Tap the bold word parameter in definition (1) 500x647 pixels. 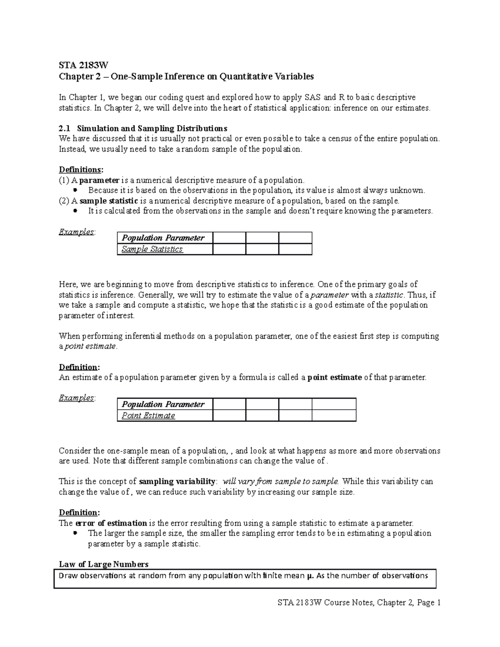pos(99,180)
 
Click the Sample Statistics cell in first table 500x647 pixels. pos(152,249)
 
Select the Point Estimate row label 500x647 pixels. pos(148,415)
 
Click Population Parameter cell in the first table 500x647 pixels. pos(163,238)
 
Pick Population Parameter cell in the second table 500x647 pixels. pos(163,404)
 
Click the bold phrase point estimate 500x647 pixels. pos(335,377)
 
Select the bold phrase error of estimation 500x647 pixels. pos(110,523)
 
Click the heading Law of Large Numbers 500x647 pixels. pos(104,564)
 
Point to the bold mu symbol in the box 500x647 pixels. pos(309,576)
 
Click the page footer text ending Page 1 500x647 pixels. pos(359,602)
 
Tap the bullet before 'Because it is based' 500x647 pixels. pos(75,190)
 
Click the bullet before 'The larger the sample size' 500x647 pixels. pos(75,533)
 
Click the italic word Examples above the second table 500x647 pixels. pos(77,398)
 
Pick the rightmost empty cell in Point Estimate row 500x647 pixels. pos(334,415)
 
